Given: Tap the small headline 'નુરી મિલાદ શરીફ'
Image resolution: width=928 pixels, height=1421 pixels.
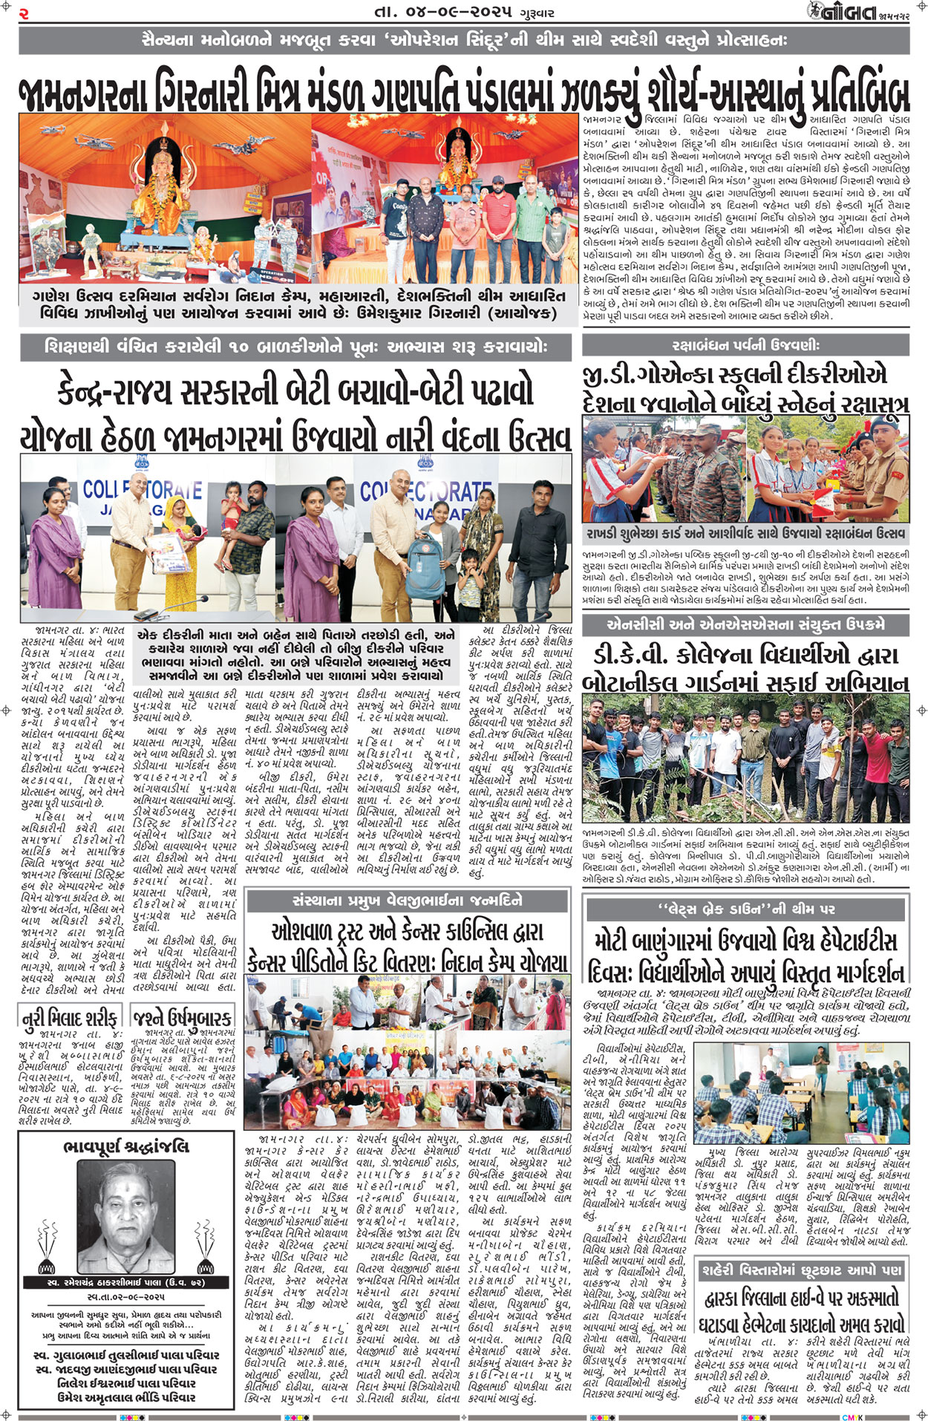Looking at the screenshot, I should tap(71, 1016).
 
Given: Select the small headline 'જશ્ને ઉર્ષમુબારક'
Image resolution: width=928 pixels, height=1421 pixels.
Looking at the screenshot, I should tap(183, 1016).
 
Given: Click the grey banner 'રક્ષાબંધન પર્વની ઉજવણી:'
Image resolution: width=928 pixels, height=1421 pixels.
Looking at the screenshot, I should tap(745, 345).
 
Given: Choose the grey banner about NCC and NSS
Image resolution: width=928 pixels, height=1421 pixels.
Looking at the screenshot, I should tap(745, 624).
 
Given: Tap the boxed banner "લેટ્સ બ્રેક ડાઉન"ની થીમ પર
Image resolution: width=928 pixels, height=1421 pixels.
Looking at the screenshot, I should tap(745, 909).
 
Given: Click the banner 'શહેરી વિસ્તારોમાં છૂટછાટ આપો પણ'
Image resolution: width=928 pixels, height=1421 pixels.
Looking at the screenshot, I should tap(802, 1270).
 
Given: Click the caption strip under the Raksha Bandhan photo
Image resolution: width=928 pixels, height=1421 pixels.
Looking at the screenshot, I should tap(745, 534).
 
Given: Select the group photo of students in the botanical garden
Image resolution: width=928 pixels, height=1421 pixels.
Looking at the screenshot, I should tap(745, 757).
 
